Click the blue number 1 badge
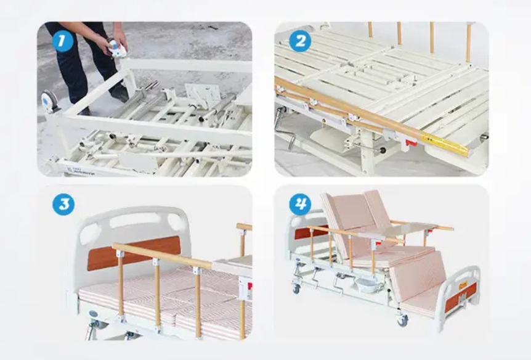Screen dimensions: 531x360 [63, 41]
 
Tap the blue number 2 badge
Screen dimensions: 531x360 [300, 41]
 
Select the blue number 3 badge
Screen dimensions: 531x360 [63, 205]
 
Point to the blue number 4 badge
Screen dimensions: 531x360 [300, 204]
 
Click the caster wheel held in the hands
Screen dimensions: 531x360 [117, 48]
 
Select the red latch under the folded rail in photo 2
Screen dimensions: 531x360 [411, 143]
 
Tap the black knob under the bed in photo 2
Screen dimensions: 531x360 [383, 150]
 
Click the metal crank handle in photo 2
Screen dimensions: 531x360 [284, 130]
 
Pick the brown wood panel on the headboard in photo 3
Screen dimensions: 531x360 [134, 253]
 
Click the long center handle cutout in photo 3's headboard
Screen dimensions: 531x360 [134, 220]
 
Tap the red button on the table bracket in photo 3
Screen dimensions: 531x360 [249, 286]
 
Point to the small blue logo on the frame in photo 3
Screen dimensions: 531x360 [92, 314]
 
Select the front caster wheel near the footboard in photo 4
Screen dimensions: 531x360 [403, 320]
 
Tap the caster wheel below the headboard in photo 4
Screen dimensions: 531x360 [297, 288]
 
